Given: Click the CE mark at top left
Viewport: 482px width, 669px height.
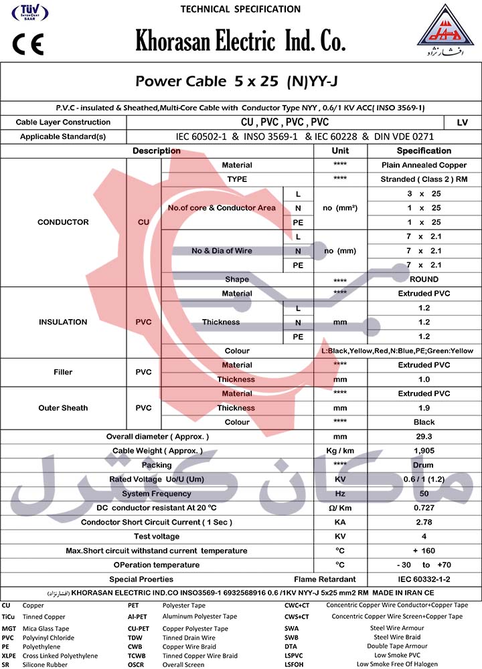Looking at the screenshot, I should (27, 45).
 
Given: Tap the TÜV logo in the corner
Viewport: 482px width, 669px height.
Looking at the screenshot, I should (26, 15).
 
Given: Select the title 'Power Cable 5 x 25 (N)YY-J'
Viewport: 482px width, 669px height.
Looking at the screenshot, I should (240, 82).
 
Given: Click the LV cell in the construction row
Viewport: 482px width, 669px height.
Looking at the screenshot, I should (462, 122).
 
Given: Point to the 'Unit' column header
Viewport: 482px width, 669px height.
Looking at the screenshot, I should (340, 151).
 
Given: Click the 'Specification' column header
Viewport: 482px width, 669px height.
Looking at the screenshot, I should (424, 151).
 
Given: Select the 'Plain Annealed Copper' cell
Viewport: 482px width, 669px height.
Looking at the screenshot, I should (424, 165).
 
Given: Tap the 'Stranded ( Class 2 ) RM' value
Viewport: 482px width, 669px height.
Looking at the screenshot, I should (424, 179).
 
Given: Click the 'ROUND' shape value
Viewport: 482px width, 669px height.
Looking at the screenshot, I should (424, 280).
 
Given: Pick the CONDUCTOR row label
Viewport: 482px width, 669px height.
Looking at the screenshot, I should (63, 222).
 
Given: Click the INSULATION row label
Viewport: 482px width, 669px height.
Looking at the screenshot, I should (63, 322).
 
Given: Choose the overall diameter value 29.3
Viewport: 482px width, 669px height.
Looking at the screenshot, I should (424, 437).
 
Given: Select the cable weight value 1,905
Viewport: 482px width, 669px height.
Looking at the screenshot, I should (424, 451).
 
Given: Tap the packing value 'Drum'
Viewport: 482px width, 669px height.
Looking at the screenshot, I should (424, 465).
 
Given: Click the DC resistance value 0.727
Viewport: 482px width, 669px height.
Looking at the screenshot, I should (424, 508).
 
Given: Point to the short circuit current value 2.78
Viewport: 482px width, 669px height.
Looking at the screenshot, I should (424, 522).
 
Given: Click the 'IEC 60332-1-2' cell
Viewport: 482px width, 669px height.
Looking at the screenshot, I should (424, 579).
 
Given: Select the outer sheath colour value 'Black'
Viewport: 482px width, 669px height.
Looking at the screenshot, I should (424, 422).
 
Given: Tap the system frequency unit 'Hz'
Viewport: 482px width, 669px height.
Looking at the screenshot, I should (340, 494).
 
